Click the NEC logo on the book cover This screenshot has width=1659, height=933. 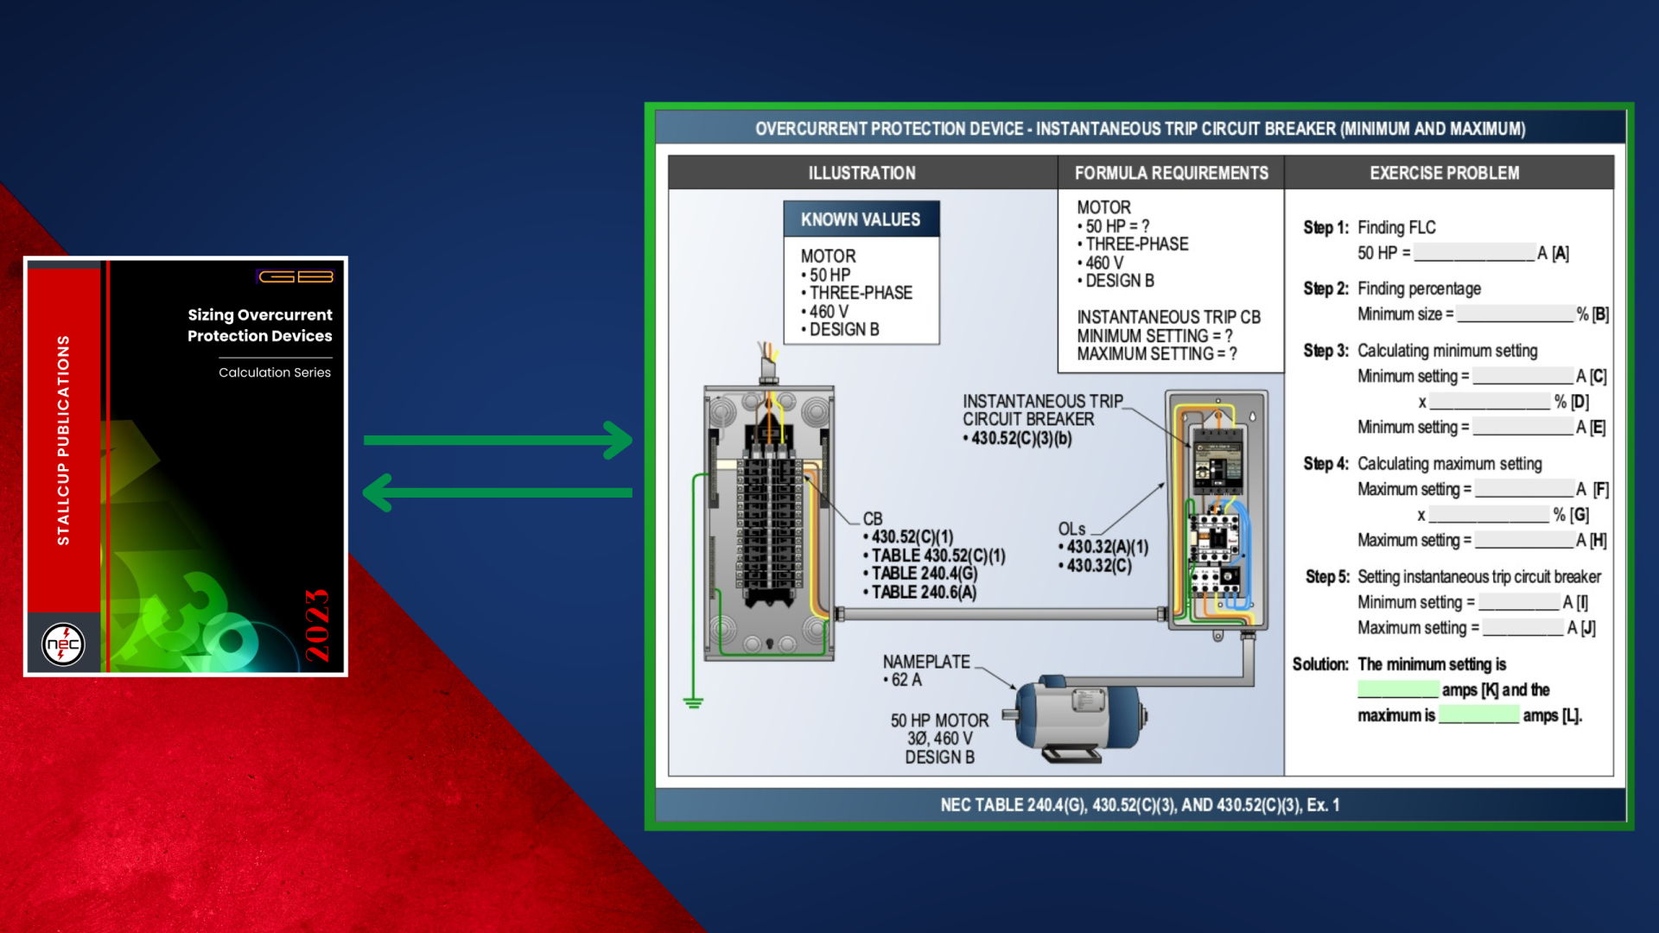pos(63,644)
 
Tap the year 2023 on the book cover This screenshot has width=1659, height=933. pos(317,625)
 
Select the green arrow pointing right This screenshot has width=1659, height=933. pos(498,440)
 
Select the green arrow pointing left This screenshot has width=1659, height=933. pos(498,492)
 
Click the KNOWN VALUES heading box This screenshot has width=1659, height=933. pos(861,219)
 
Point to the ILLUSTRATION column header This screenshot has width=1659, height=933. pos(861,173)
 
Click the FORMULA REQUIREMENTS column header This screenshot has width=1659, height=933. pos(1171,173)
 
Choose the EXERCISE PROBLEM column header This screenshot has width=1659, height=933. pos(1444,173)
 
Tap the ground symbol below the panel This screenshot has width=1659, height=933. pos(693,702)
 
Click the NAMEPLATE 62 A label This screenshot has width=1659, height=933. pos(925,670)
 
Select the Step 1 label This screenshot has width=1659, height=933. pos(1325,227)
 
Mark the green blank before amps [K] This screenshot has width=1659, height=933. pos(1397,689)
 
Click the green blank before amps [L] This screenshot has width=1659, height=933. pos(1478,714)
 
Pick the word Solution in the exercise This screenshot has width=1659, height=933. pos(1319,663)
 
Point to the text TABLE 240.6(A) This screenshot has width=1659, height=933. pos(923,592)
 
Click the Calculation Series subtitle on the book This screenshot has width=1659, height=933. pos(275,372)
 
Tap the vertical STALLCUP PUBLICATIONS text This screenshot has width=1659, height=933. pos(63,440)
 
